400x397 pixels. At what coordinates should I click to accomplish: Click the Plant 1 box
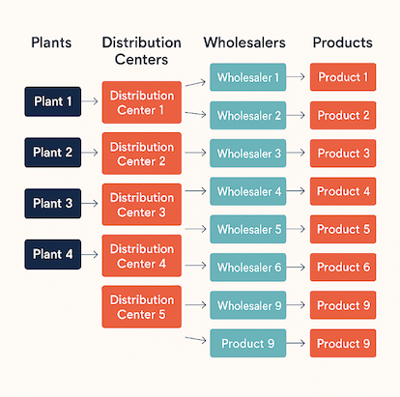(x=53, y=101)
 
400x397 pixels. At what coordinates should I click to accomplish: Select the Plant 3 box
(x=53, y=203)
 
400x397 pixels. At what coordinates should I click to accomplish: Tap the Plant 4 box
(x=53, y=254)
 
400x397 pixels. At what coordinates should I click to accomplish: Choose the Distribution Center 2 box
(x=141, y=153)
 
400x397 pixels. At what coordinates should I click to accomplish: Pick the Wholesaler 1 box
(x=248, y=77)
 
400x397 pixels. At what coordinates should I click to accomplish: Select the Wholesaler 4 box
(x=248, y=191)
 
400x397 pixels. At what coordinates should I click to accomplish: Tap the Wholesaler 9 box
(x=248, y=305)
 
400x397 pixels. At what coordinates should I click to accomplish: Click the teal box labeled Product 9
(x=248, y=343)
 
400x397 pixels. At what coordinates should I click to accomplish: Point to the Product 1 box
(x=343, y=77)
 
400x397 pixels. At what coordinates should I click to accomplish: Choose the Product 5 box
(x=343, y=229)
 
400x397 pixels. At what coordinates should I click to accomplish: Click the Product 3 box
(x=343, y=154)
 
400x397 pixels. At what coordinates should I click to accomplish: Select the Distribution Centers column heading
(x=141, y=51)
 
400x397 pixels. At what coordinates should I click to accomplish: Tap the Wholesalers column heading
(x=243, y=43)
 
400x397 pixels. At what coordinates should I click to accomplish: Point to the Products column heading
(x=342, y=43)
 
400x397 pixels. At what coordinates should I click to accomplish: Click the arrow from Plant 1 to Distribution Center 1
(x=90, y=101)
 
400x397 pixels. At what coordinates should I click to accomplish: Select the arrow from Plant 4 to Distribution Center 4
(x=90, y=254)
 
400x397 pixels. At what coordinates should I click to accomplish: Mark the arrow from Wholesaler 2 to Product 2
(x=298, y=116)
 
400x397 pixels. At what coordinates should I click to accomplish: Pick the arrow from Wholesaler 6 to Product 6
(x=298, y=267)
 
